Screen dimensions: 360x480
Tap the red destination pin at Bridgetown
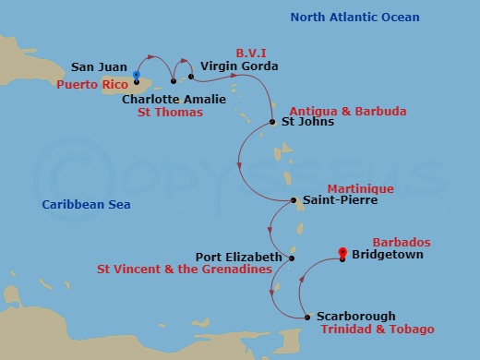click(x=342, y=253)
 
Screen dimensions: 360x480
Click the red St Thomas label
click(x=170, y=113)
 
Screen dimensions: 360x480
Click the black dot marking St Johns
click(x=272, y=122)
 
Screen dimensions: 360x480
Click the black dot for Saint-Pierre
click(x=293, y=200)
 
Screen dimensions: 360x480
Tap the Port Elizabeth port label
click(x=237, y=257)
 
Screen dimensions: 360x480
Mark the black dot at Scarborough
click(x=307, y=317)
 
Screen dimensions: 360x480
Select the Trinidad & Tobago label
click(x=377, y=330)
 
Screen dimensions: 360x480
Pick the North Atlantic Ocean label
click(x=354, y=18)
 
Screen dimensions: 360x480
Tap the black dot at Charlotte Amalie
click(x=173, y=81)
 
